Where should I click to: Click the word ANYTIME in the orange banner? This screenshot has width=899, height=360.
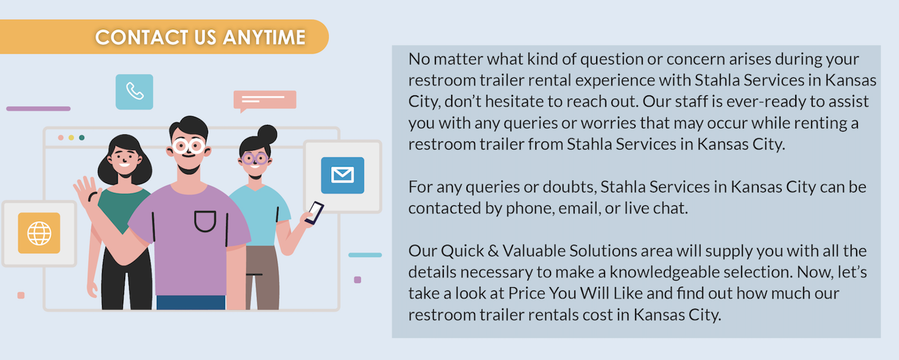[264, 37]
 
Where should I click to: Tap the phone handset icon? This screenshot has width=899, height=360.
[134, 91]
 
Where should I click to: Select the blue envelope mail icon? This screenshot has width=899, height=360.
[342, 175]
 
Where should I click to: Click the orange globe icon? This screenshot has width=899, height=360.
[39, 233]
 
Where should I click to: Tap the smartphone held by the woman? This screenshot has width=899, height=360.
[314, 213]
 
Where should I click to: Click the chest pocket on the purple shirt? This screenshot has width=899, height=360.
[205, 221]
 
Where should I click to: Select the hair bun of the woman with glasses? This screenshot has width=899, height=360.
[267, 134]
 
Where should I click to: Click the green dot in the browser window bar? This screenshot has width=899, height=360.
[82, 138]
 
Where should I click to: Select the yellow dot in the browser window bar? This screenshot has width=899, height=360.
[71, 138]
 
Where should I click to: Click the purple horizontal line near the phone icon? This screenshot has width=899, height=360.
[38, 108]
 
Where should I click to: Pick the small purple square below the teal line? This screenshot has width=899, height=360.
[358, 280]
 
